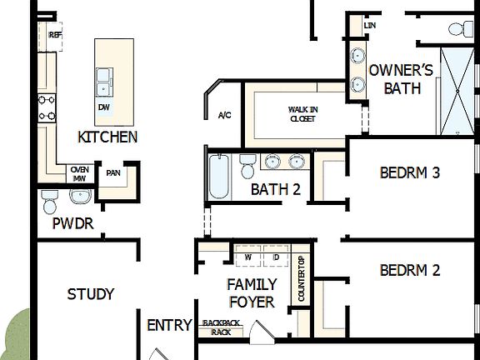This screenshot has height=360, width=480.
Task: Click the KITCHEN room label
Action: click(x=107, y=137)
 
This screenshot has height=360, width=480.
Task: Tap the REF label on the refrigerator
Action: click(x=56, y=35)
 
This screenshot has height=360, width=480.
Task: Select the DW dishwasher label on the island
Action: click(x=103, y=107)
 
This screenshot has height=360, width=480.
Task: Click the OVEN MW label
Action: click(x=80, y=172)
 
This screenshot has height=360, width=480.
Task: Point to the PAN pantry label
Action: click(x=112, y=173)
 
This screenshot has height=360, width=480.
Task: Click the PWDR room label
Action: click(x=72, y=224)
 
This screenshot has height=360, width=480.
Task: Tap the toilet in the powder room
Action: click(x=50, y=202)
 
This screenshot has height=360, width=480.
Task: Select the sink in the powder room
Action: click(x=80, y=197)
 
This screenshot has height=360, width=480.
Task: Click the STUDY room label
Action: click(x=91, y=294)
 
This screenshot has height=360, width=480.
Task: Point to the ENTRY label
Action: click(x=170, y=325)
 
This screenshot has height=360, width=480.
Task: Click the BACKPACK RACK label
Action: click(x=220, y=327)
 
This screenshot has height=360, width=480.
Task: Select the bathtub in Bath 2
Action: click(x=218, y=177)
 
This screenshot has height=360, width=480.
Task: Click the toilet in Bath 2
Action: click(x=247, y=167)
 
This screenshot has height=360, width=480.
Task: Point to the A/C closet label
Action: click(x=224, y=115)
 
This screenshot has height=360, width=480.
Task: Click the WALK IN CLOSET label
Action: click(x=302, y=113)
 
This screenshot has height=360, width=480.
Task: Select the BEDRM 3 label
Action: click(x=409, y=173)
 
